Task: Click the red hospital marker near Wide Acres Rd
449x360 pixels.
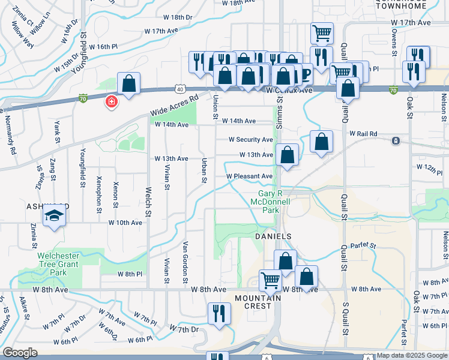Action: coord(111,102)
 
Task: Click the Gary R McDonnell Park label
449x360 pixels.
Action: coord(274,202)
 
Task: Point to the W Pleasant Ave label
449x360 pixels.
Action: coord(250,176)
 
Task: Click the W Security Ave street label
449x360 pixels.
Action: coord(250,139)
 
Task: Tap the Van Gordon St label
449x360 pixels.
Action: coord(185,262)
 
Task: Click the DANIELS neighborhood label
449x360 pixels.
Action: coord(273,236)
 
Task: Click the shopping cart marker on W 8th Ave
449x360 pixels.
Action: coord(271,280)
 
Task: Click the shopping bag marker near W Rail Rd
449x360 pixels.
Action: coord(322,142)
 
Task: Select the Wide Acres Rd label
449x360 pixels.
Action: coord(175,106)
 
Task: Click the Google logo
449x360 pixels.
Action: coord(20,353)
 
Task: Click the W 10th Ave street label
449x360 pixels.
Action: coord(125,222)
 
